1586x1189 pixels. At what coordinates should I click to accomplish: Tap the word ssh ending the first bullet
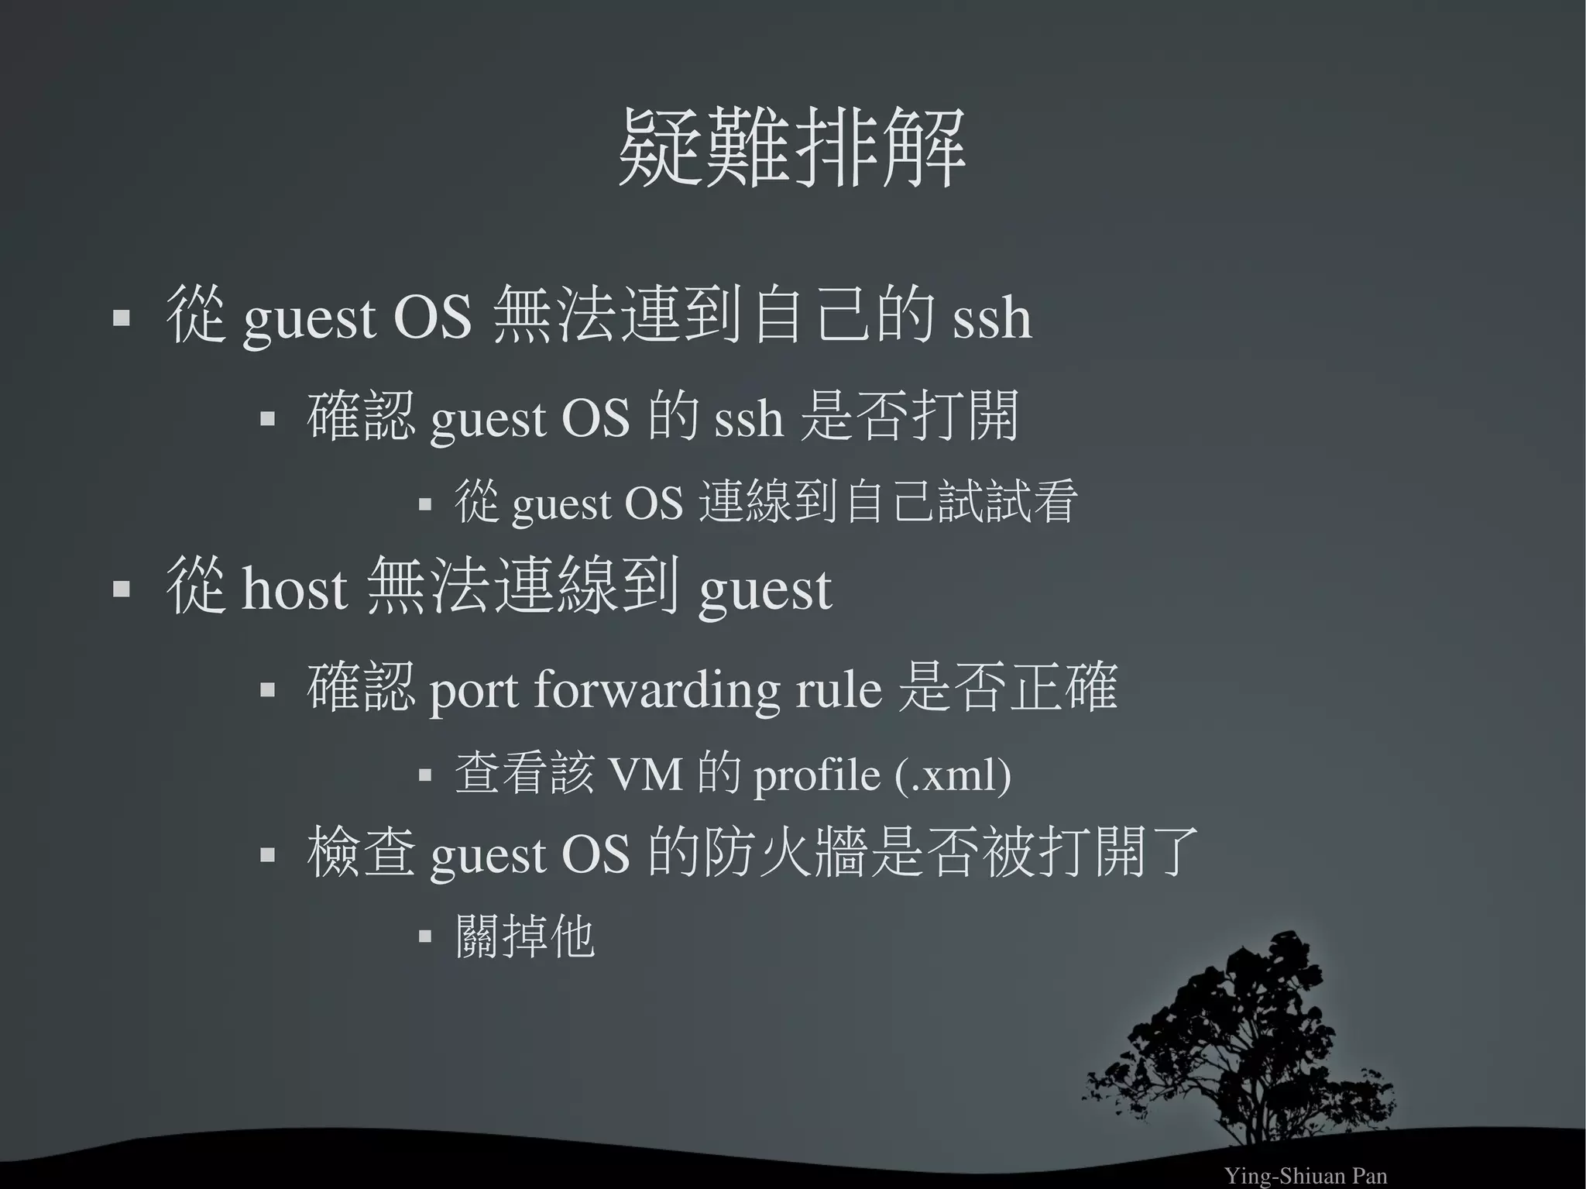pos(992,318)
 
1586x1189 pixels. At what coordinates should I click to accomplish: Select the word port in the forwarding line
pos(473,689)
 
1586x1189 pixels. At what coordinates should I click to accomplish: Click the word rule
pos(839,689)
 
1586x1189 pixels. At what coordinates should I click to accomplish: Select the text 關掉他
pos(525,937)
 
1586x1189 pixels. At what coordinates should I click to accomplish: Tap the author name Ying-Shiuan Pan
pos(1306,1176)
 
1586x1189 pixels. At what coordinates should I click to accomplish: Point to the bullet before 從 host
pos(121,589)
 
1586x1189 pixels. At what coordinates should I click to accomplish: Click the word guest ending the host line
pos(765,590)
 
